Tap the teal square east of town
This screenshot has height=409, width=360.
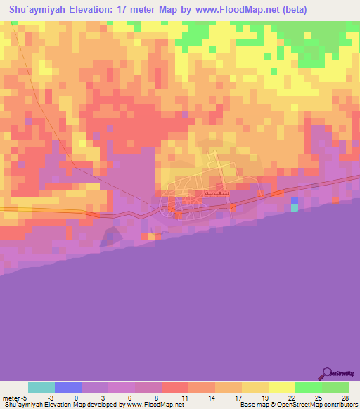(294, 207)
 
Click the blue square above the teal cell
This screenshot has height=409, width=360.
(294, 200)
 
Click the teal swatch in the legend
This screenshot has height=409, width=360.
(41, 387)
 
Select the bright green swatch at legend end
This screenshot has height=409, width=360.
(335, 387)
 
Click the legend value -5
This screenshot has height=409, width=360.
(25, 398)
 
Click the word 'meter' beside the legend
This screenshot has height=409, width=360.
(11, 398)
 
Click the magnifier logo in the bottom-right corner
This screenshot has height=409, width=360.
(328, 372)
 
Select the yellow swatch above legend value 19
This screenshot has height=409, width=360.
(255, 387)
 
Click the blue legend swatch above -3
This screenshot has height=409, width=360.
(68, 387)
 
